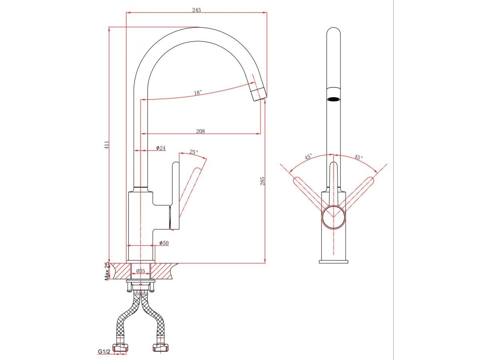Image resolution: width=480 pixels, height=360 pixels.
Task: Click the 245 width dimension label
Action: tap(196, 10)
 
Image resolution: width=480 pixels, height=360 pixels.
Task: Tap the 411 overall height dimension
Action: tap(106, 145)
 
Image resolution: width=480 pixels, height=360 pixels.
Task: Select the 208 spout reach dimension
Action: tap(200, 131)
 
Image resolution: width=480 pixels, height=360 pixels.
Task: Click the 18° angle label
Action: tap(198, 92)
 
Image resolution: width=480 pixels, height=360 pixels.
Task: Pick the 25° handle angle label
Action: tap(194, 152)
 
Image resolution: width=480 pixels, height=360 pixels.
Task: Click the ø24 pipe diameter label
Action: tap(160, 148)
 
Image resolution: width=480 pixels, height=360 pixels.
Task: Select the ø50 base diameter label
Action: tap(163, 243)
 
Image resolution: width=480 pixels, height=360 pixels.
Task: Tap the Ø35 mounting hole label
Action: tap(141, 271)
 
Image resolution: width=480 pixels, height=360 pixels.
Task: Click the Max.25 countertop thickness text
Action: tap(107, 271)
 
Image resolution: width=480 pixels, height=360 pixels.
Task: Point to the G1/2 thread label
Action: tap(104, 352)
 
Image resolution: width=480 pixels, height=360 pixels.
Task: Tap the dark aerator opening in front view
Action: tap(334, 99)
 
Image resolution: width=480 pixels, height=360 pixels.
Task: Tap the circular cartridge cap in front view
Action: tap(334, 218)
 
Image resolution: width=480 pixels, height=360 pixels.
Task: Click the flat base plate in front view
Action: tap(334, 262)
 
